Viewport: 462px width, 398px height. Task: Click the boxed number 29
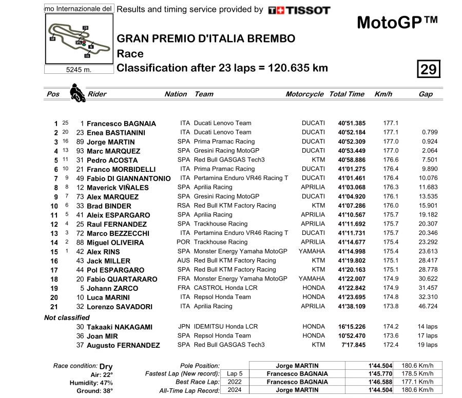[x=428, y=69]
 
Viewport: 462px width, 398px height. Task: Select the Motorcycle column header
[x=304, y=94]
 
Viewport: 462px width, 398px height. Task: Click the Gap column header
[x=426, y=94]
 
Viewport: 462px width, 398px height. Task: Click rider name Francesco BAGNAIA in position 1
[x=121, y=124]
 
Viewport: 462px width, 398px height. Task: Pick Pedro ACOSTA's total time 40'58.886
[x=352, y=160]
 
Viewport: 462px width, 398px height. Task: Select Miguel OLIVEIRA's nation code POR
[x=184, y=242]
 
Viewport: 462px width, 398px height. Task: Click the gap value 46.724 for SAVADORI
[x=428, y=306]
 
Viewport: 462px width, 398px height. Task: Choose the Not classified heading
[x=67, y=317]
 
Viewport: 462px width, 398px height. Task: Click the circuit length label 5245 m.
[x=79, y=70]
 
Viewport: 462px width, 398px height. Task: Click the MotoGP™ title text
[x=397, y=23]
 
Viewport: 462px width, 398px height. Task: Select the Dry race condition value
[x=106, y=366]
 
